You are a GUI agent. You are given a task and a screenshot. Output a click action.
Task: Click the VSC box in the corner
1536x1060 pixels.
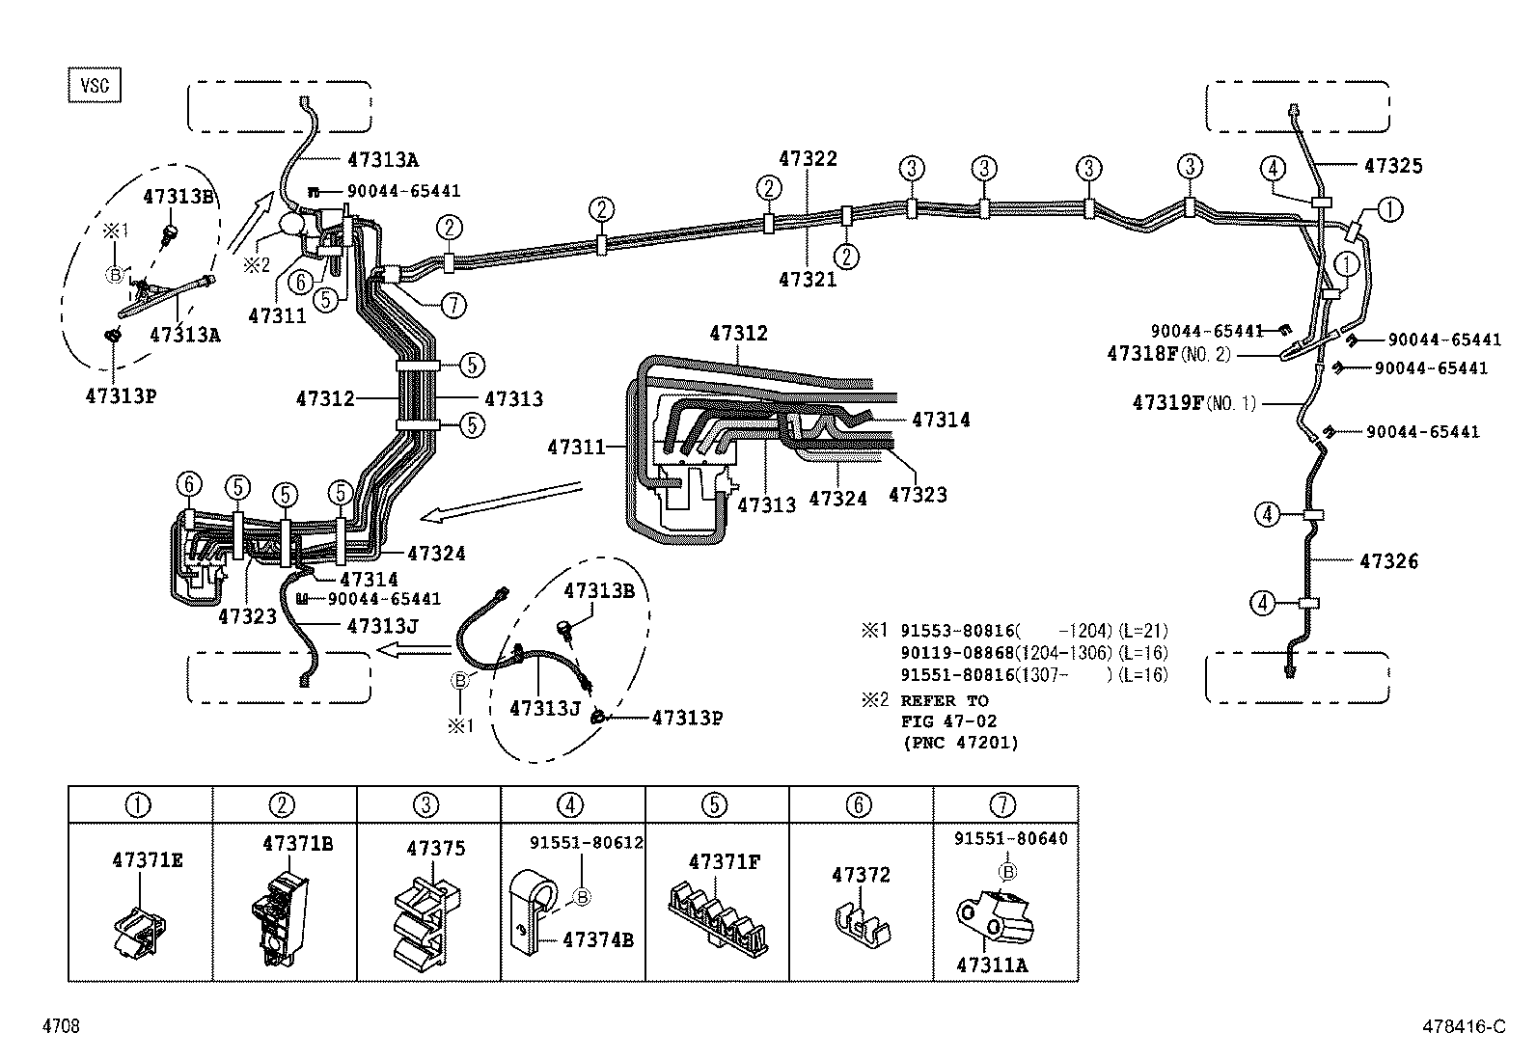[95, 85]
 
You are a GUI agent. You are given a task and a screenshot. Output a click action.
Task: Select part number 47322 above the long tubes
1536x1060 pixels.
[809, 158]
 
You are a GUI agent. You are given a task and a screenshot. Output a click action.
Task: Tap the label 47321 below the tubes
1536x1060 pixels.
[809, 280]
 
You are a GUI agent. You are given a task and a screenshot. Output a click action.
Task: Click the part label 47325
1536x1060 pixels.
[1393, 166]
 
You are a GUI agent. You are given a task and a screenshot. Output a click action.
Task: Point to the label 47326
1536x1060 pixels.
[1389, 561]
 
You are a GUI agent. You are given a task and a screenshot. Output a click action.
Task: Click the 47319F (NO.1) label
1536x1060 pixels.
[1194, 403]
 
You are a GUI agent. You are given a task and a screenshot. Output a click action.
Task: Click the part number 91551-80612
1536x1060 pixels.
[586, 842]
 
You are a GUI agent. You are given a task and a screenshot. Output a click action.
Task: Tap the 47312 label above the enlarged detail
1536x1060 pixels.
[738, 334]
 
